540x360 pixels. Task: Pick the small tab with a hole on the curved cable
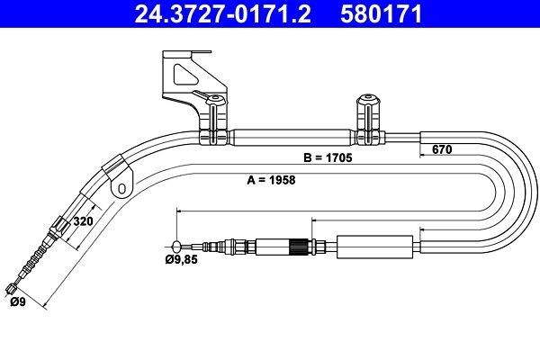tap(120, 186)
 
